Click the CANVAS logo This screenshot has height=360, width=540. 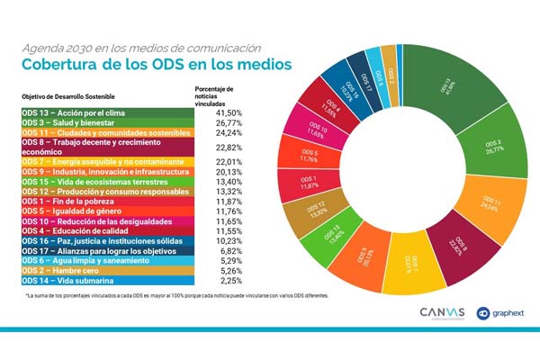coord(442,312)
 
